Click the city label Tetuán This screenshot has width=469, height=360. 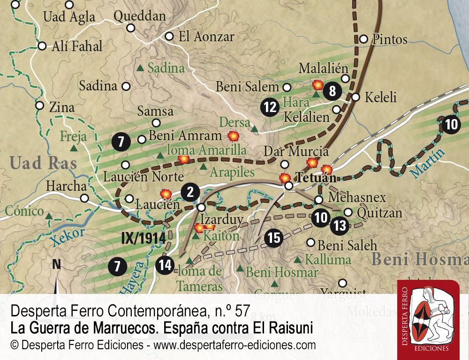(316, 178)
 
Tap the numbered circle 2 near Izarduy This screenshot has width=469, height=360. (190, 191)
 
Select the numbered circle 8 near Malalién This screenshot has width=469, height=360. (333, 91)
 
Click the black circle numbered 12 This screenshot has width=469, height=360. (270, 107)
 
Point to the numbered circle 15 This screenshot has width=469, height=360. (274, 238)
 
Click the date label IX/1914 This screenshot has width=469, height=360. (144, 238)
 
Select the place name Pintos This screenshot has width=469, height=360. (389, 39)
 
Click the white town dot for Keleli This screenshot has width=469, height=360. (356, 97)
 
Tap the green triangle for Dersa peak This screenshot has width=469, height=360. (255, 128)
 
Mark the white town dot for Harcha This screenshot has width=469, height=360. (84, 198)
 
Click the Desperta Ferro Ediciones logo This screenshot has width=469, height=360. (427, 319)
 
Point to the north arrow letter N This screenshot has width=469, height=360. (56, 264)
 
